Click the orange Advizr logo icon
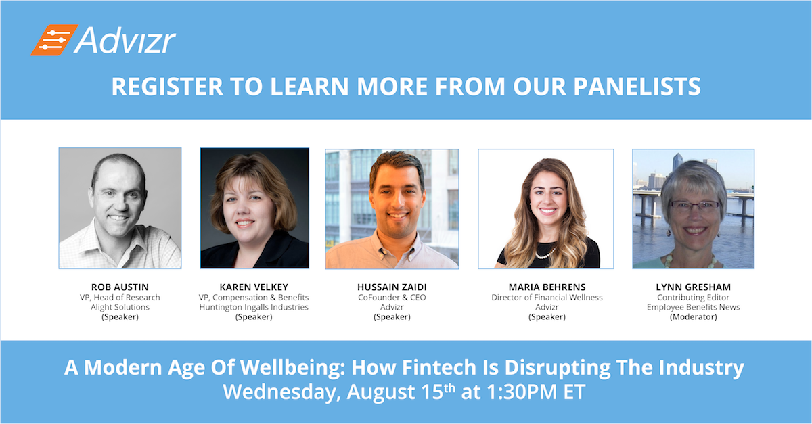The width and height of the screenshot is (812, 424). pos(54,40)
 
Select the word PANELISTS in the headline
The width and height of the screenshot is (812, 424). pos(637,87)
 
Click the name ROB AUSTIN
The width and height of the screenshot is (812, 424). pos(120,287)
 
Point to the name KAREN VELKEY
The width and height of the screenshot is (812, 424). pos(254,287)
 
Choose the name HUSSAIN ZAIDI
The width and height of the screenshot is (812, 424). pos(392,287)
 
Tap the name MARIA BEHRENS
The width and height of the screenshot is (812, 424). pos(547,287)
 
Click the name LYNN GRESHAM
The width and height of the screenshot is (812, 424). pos(693,287)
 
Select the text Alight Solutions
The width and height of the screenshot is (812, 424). pos(120,307)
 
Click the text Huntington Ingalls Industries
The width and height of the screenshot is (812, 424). pos(254,307)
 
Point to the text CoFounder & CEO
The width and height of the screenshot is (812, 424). pos(392,297)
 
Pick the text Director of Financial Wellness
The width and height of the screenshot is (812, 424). pos(547,297)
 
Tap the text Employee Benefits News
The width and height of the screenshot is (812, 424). pos(693,307)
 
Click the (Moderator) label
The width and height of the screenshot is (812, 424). pos(693,317)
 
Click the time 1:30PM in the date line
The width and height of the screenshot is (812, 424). pos(522,392)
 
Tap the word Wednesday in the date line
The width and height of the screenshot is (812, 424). pos(281,392)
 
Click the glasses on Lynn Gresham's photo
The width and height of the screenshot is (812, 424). pos(694,206)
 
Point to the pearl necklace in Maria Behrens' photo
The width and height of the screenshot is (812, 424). pos(545,253)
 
